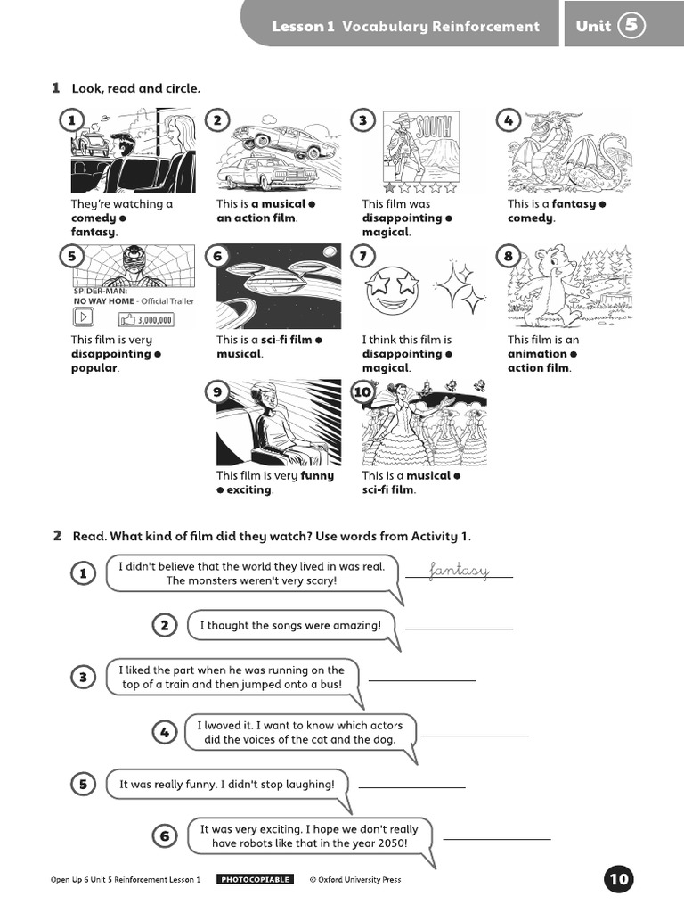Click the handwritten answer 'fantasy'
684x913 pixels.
459,570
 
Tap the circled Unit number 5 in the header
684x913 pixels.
631,26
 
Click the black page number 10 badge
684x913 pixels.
619,880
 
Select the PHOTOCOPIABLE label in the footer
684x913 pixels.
255,880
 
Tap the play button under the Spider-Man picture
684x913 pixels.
83,318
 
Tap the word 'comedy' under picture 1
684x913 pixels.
94,218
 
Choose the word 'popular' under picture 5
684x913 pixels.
94,368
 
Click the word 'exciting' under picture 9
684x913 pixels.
249,490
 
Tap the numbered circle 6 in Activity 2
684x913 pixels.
165,836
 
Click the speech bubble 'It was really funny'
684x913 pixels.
228,785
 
